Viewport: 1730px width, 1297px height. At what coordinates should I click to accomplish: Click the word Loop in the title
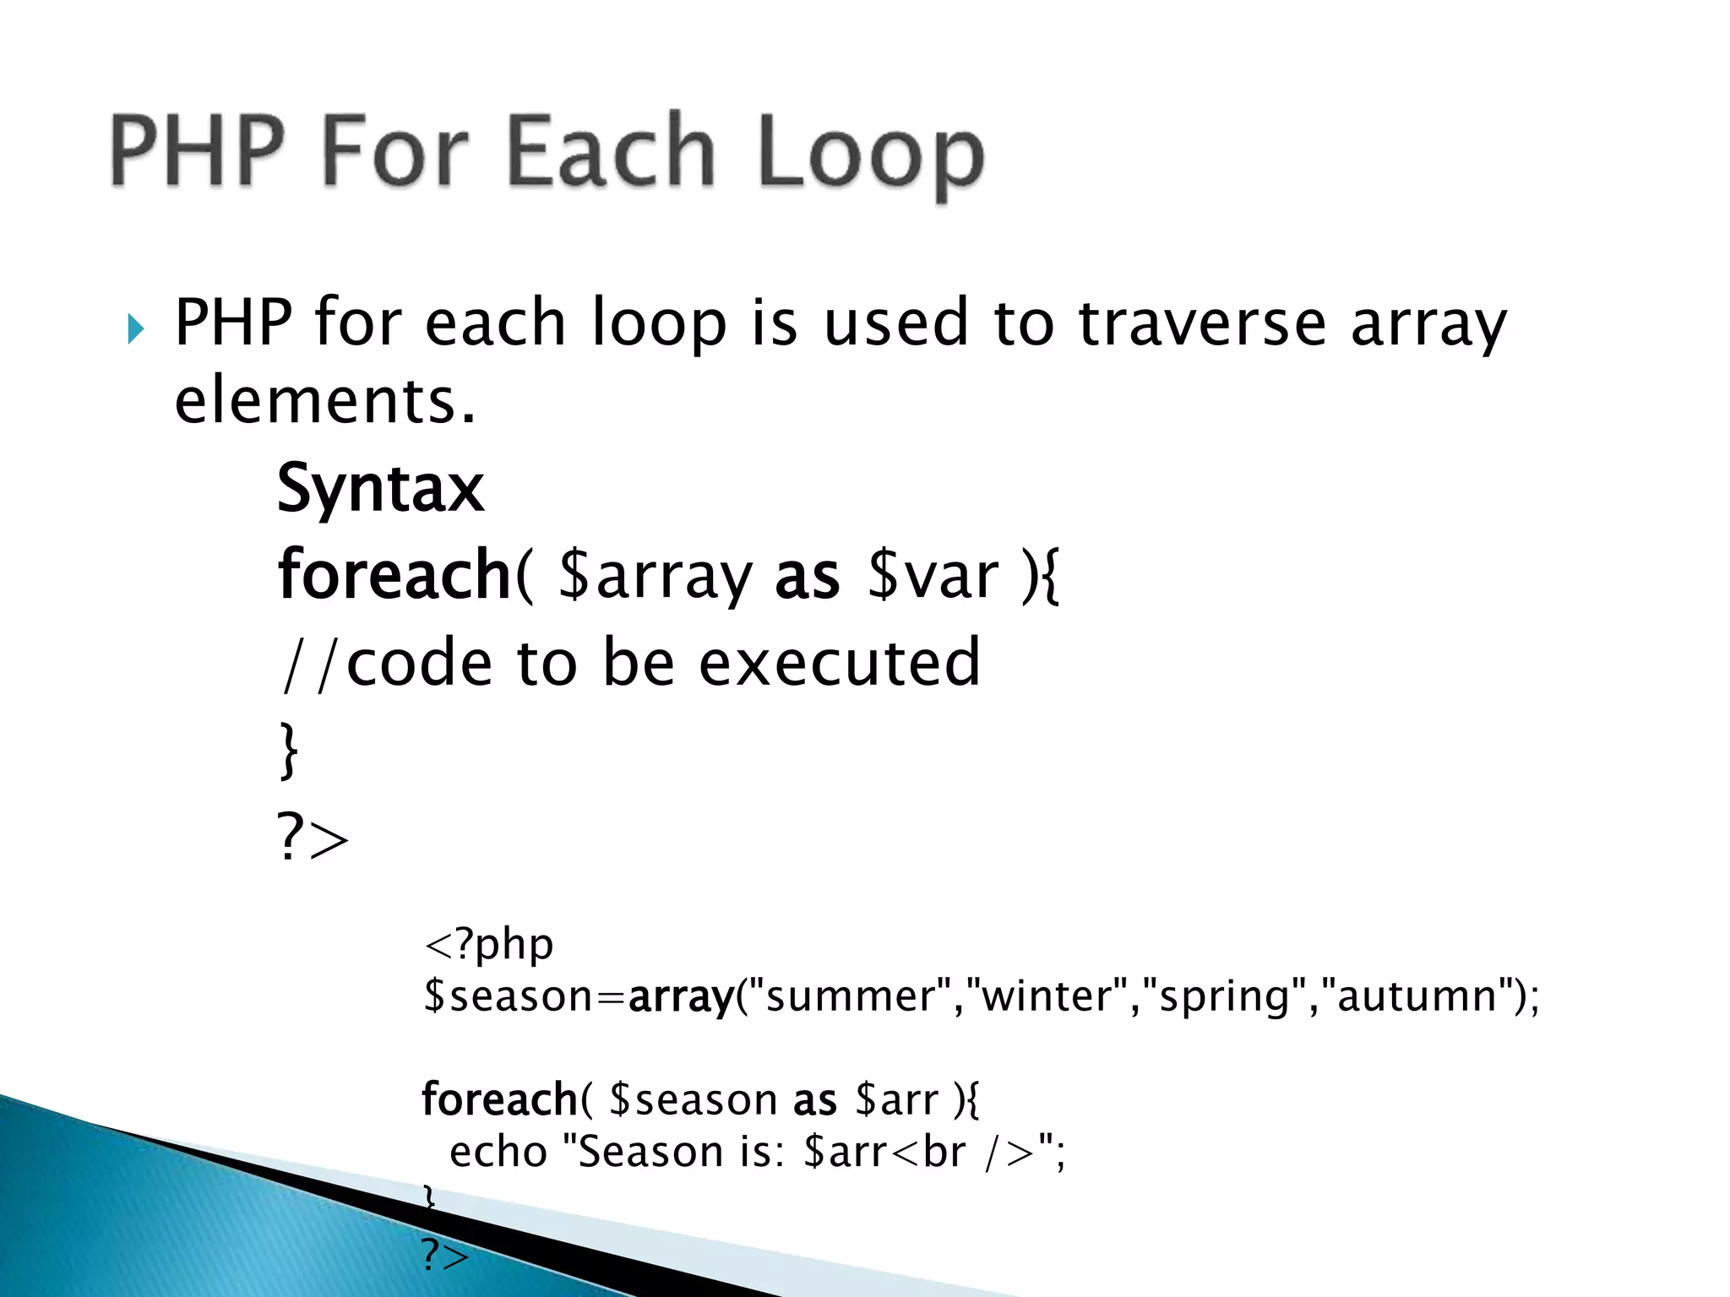tap(870, 152)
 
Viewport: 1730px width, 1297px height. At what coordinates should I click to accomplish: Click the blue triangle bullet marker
tap(136, 328)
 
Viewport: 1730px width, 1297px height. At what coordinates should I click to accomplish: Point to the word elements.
tap(325, 401)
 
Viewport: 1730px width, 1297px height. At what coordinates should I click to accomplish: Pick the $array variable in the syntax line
tap(655, 576)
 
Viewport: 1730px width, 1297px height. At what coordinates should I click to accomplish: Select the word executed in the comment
tap(840, 663)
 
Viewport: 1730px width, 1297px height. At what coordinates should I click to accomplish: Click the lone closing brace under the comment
tap(288, 750)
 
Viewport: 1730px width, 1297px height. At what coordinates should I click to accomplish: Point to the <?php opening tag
tap(488, 944)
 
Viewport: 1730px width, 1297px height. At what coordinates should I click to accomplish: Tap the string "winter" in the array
tap(1053, 996)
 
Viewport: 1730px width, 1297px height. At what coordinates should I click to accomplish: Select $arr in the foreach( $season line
tap(895, 1100)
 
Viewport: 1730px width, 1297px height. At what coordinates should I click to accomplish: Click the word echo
tap(498, 1152)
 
